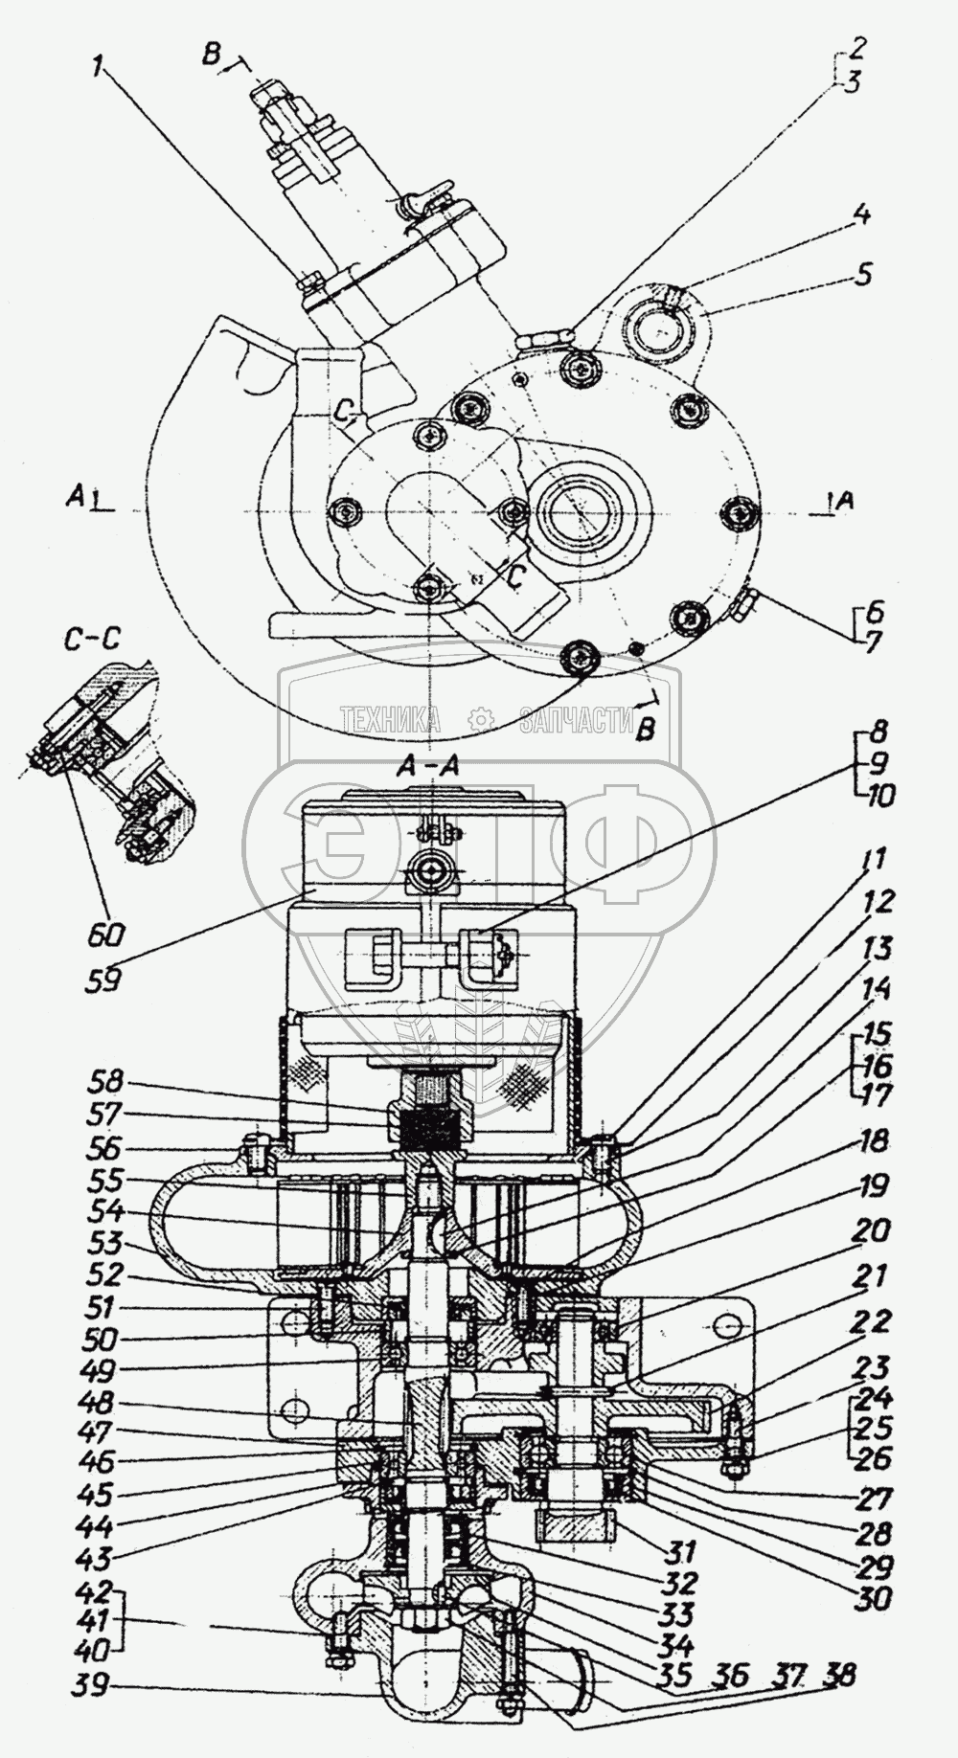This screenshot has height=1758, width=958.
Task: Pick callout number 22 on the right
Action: (872, 1321)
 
